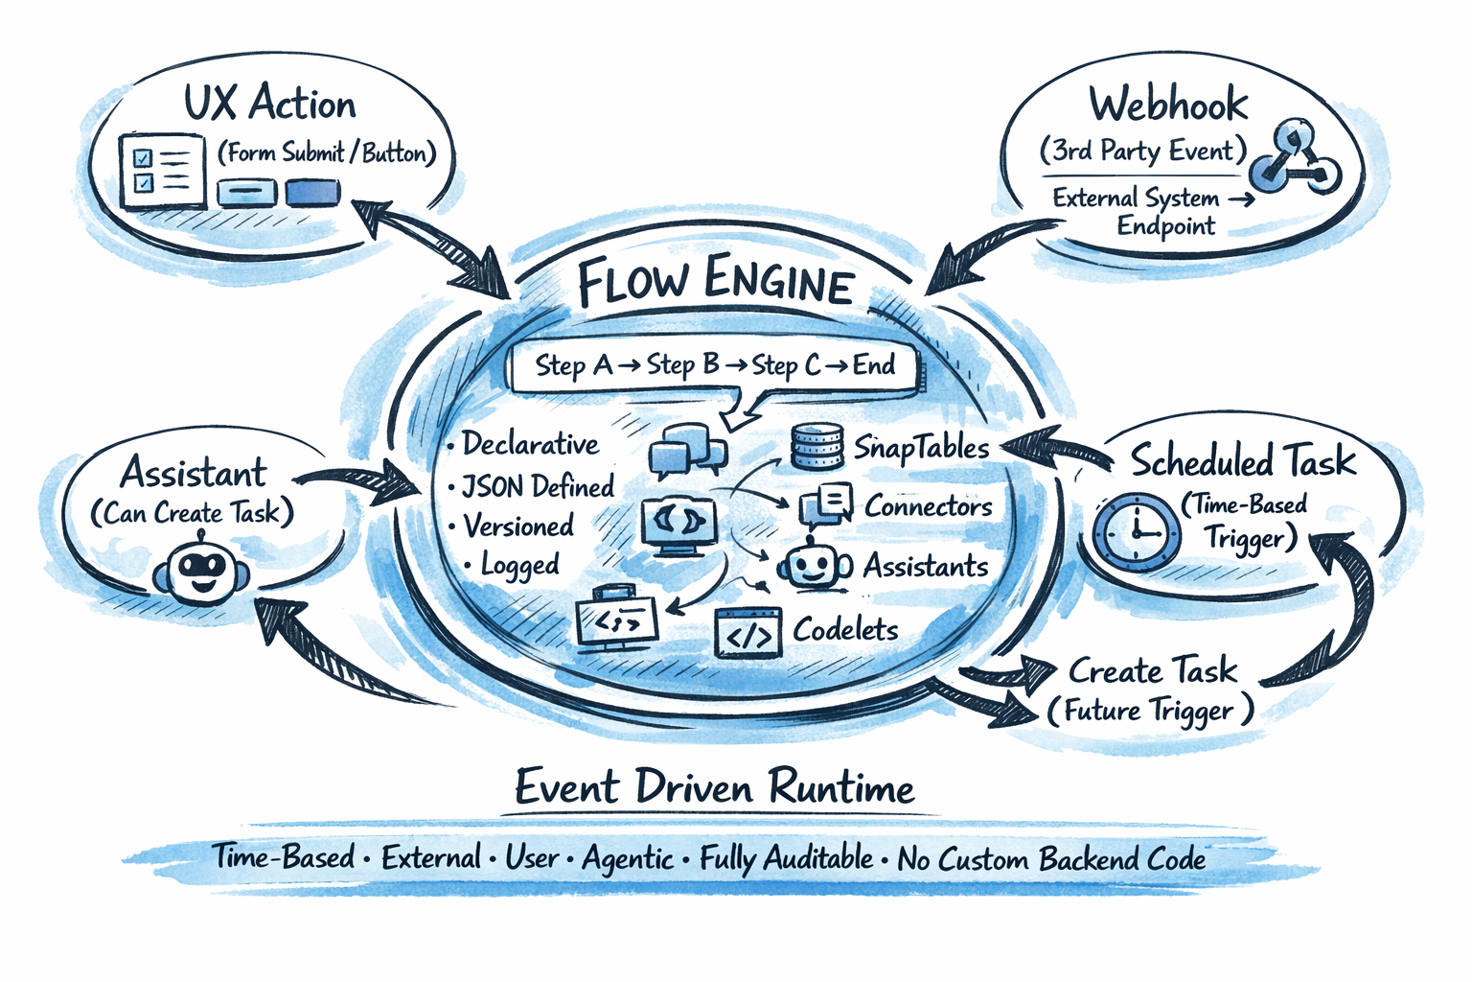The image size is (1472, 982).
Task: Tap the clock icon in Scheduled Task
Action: tap(1137, 531)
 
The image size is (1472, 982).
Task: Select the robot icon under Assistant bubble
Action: tap(201, 572)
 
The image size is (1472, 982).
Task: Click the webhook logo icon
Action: tap(1295, 157)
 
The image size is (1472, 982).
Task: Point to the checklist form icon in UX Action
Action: tap(162, 172)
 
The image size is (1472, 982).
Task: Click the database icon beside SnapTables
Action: tap(816, 447)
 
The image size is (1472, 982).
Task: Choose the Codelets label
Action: tap(845, 630)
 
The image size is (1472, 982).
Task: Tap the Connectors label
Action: tap(928, 505)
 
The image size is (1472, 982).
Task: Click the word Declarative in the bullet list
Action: tap(530, 444)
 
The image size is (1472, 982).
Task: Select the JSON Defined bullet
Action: tap(538, 486)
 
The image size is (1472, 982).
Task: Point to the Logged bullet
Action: tap(519, 566)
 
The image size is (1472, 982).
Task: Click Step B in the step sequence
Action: tap(682, 365)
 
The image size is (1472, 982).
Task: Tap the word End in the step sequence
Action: tap(873, 365)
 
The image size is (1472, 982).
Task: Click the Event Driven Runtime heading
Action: tap(715, 788)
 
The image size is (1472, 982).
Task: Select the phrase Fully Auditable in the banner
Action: tap(786, 858)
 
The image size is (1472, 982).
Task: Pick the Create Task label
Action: tap(1153, 670)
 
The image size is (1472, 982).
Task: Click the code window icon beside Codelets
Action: tap(748, 634)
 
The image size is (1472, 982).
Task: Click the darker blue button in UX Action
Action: tap(312, 193)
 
